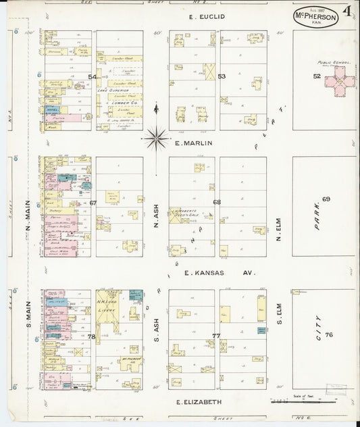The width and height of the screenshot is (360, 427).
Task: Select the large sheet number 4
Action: point(346,11)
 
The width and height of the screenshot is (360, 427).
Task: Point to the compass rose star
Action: point(156,139)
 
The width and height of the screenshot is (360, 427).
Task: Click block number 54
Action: point(93,77)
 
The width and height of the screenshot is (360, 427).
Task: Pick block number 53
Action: point(222,76)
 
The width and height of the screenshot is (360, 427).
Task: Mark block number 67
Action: point(93,203)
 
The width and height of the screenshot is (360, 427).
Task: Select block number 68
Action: point(217,202)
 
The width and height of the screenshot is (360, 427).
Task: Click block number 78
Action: point(92,336)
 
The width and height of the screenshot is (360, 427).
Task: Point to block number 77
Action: point(216,336)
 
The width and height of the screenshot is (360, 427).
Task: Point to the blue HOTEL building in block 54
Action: point(52,109)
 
